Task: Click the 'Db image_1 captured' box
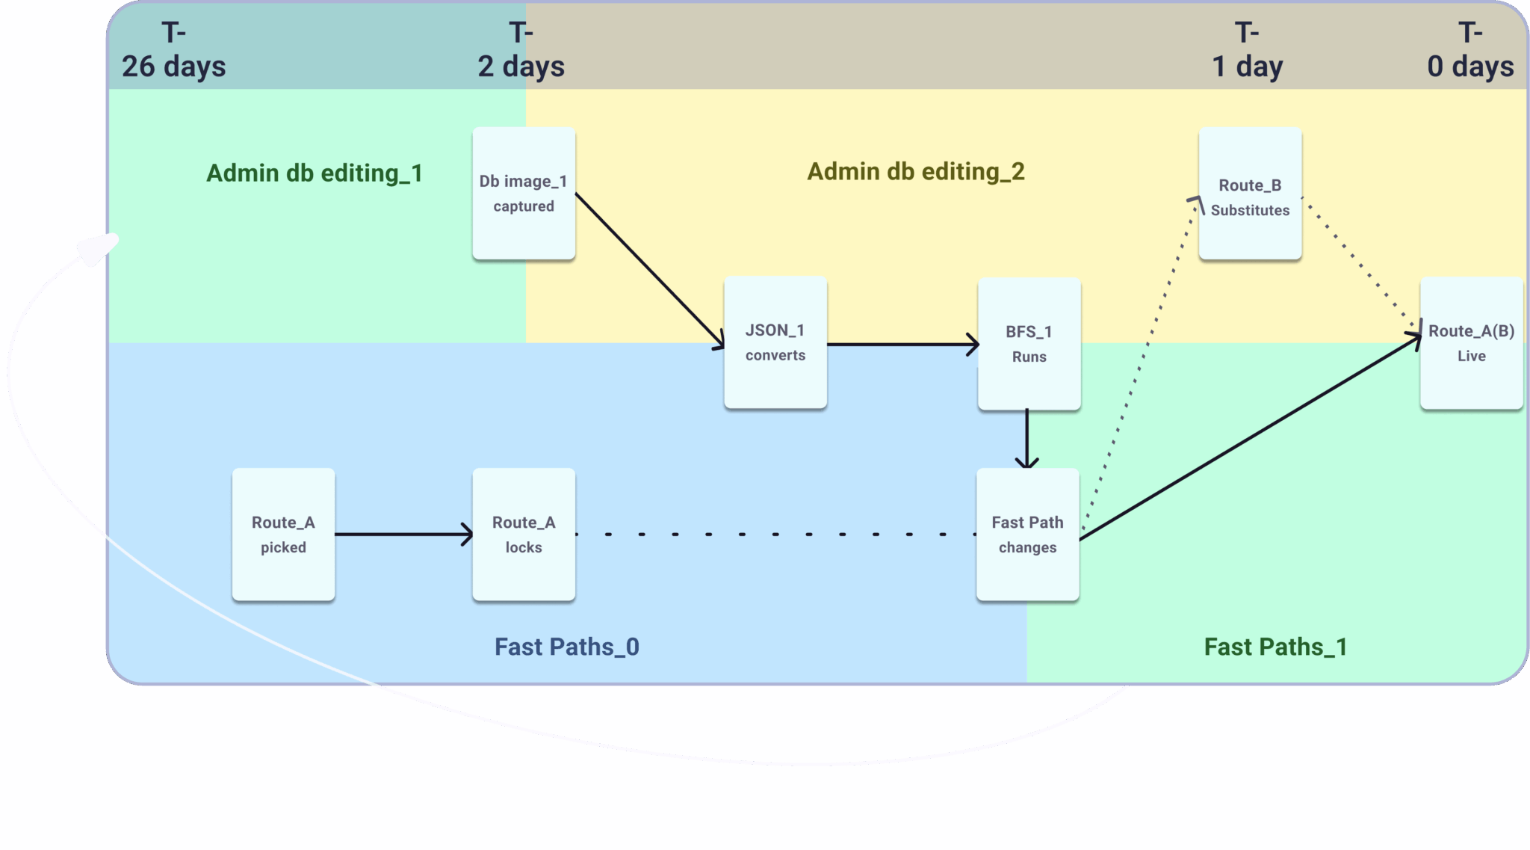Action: click(524, 194)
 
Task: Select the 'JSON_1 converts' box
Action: click(775, 342)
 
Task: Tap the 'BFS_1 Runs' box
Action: click(1029, 344)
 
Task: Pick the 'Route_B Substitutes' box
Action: click(1250, 194)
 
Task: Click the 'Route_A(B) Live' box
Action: click(1471, 343)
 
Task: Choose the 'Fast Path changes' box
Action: click(1027, 535)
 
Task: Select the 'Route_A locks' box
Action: click(524, 535)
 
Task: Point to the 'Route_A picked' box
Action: click(283, 535)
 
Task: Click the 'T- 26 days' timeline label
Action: click(173, 50)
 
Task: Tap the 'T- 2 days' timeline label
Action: click(521, 50)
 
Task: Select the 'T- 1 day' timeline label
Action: click(1247, 50)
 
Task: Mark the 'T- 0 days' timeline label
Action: click(1470, 50)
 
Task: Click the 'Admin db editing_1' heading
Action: click(315, 173)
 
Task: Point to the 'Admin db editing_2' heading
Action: click(916, 172)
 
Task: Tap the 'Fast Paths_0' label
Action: click(567, 647)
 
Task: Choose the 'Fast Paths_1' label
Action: click(1275, 647)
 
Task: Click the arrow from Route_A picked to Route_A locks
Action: click(403, 535)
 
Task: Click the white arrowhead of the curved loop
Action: click(97, 249)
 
